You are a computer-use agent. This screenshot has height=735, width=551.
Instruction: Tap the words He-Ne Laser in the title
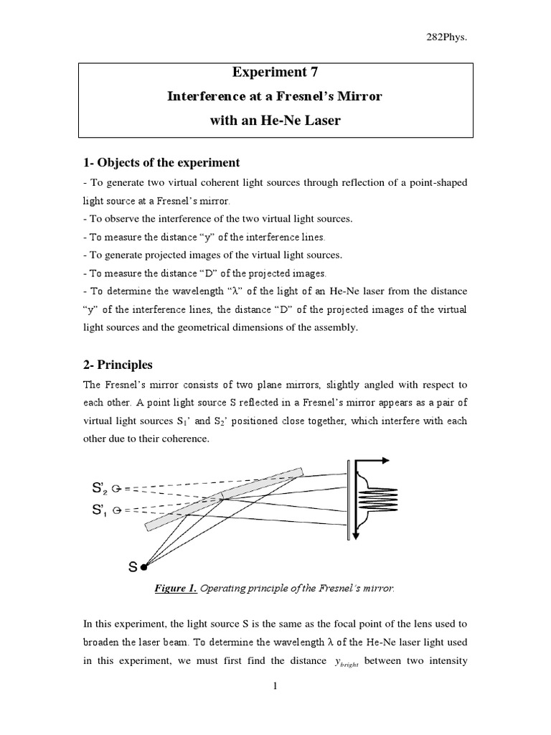click(x=301, y=121)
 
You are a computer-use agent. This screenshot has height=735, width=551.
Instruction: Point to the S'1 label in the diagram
click(x=98, y=510)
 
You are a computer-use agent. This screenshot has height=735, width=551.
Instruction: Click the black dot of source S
click(x=143, y=567)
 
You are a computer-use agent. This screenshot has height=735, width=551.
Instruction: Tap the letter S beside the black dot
click(x=132, y=567)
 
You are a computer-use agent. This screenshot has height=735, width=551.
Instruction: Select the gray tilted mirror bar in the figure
click(x=224, y=500)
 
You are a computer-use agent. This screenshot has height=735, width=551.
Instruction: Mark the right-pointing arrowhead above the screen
click(x=385, y=460)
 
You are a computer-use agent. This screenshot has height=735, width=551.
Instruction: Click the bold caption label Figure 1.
click(x=176, y=589)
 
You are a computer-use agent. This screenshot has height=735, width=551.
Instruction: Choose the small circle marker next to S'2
click(x=116, y=488)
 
